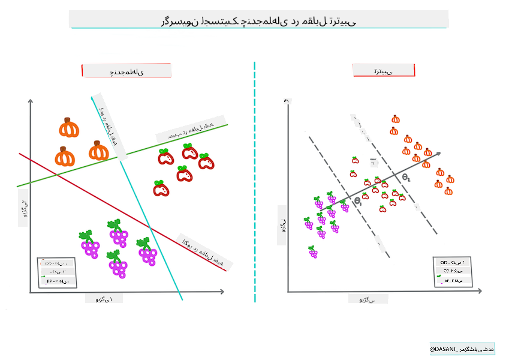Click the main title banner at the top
point(258,20)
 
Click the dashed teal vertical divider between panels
point(255,180)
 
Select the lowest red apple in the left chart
point(161,188)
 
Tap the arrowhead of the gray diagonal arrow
point(439,154)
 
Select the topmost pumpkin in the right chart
point(395,119)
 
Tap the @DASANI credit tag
point(462,349)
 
